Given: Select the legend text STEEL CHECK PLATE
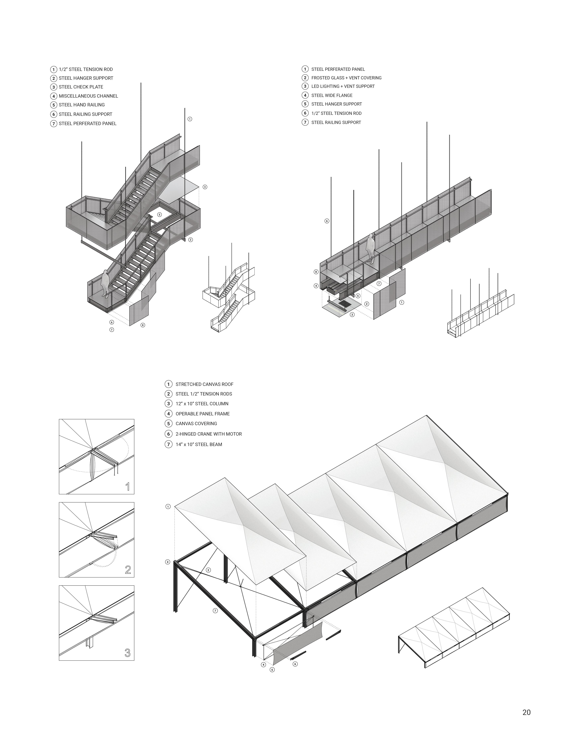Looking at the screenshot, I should (81, 87).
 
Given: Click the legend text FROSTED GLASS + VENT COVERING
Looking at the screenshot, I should (346, 78).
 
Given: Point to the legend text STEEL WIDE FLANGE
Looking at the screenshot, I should (332, 95).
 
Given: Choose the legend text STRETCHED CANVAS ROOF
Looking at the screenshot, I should (205, 384).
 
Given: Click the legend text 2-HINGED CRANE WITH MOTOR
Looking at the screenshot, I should (209, 434).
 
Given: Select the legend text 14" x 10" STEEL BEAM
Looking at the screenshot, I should (199, 444).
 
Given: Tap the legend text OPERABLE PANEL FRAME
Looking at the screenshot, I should (203, 414).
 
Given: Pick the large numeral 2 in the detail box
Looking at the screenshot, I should (128, 570).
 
